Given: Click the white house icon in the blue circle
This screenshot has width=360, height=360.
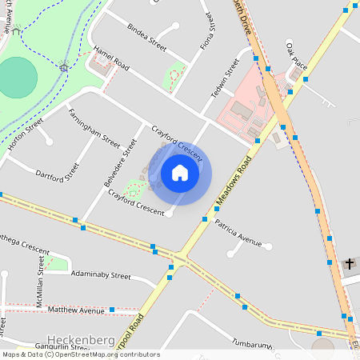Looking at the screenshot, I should [x=180, y=173].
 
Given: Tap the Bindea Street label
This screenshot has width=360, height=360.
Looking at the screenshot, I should [x=146, y=37].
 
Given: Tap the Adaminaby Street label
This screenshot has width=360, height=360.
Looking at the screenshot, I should [x=100, y=275].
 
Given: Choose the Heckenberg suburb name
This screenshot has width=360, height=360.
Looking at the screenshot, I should [x=81, y=340].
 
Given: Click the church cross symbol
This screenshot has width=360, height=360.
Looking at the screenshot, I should [x=350, y=263].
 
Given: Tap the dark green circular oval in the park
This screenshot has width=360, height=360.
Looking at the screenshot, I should [x=18, y=78].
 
